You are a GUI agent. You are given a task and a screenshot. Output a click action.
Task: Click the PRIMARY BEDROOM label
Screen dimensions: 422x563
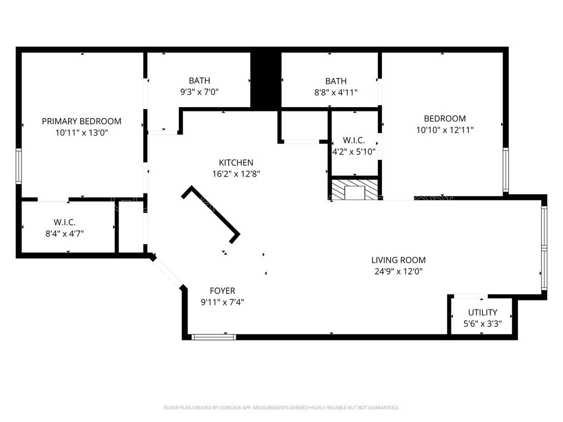(x=81, y=121)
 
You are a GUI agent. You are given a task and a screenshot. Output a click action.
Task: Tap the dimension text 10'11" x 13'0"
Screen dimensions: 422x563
(x=81, y=133)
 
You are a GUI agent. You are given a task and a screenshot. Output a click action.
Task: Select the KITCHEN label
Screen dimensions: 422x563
(x=236, y=162)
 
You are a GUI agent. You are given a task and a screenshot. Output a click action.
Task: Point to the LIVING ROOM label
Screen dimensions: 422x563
(x=398, y=260)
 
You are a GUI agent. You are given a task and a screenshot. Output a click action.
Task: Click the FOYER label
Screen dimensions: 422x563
(x=222, y=290)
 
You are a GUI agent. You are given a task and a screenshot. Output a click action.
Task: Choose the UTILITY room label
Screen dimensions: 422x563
(x=482, y=312)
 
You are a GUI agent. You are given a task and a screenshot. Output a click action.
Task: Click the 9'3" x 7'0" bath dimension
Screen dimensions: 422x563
(x=199, y=92)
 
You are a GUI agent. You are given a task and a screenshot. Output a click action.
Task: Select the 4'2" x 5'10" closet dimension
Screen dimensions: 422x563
(x=354, y=151)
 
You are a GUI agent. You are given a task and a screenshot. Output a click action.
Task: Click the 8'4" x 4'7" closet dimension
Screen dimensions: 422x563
(x=65, y=233)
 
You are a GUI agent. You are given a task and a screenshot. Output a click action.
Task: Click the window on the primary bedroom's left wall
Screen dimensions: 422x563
(x=19, y=166)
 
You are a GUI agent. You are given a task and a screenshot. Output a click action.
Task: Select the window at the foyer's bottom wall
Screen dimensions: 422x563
(x=214, y=337)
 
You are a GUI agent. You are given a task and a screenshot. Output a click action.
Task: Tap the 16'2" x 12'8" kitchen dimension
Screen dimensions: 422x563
(x=236, y=174)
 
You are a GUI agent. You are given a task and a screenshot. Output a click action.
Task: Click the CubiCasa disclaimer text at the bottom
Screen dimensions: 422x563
(x=281, y=407)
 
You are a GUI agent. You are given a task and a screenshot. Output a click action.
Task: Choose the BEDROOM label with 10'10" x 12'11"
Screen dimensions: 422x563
(x=444, y=118)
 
